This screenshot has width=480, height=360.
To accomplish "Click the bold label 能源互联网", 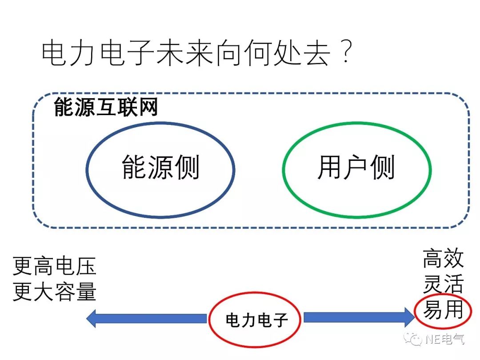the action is tap(105, 108).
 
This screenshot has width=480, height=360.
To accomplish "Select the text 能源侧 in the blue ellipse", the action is tap(160, 168).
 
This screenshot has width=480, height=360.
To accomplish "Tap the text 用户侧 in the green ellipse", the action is tap(356, 168).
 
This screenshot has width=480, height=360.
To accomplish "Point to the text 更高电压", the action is tap(55, 267).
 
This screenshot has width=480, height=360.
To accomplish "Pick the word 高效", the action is tap(443, 259).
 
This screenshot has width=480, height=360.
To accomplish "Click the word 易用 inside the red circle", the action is tap(443, 309).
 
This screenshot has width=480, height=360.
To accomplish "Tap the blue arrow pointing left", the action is tap(147, 318).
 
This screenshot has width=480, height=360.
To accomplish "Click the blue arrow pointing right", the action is tap(358, 317).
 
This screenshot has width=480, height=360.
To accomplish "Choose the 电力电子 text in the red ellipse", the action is tap(257, 320).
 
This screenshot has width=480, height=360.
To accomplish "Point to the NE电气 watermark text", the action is tap(444, 340).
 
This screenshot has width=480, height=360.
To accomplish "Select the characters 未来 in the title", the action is tap(185, 55).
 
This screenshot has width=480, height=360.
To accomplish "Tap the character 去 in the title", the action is tap(316, 55).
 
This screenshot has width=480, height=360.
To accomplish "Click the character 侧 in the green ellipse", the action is tap(383, 168).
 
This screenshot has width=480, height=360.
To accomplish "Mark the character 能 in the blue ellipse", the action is tap(134, 168).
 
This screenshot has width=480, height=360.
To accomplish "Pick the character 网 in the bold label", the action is tap(148, 108).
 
